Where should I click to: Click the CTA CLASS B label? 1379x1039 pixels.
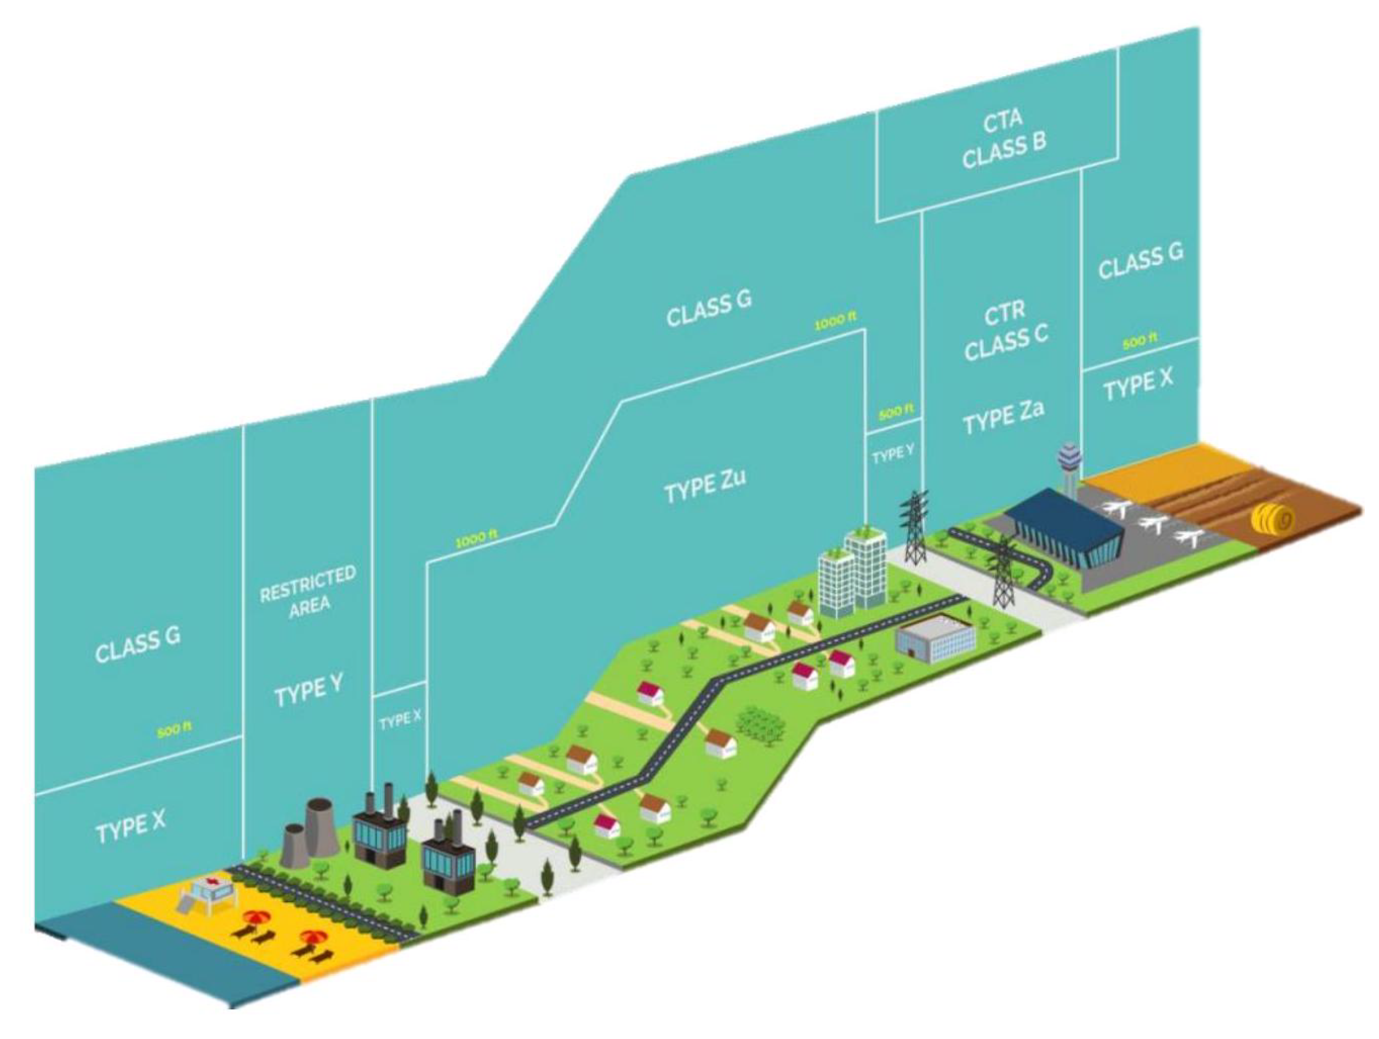pyautogui.click(x=1004, y=140)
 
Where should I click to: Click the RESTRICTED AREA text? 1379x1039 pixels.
pyautogui.click(x=308, y=592)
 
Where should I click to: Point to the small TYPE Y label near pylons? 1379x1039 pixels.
pyautogui.click(x=892, y=455)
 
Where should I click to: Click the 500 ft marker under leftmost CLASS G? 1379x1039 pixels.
pyautogui.click(x=174, y=731)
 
